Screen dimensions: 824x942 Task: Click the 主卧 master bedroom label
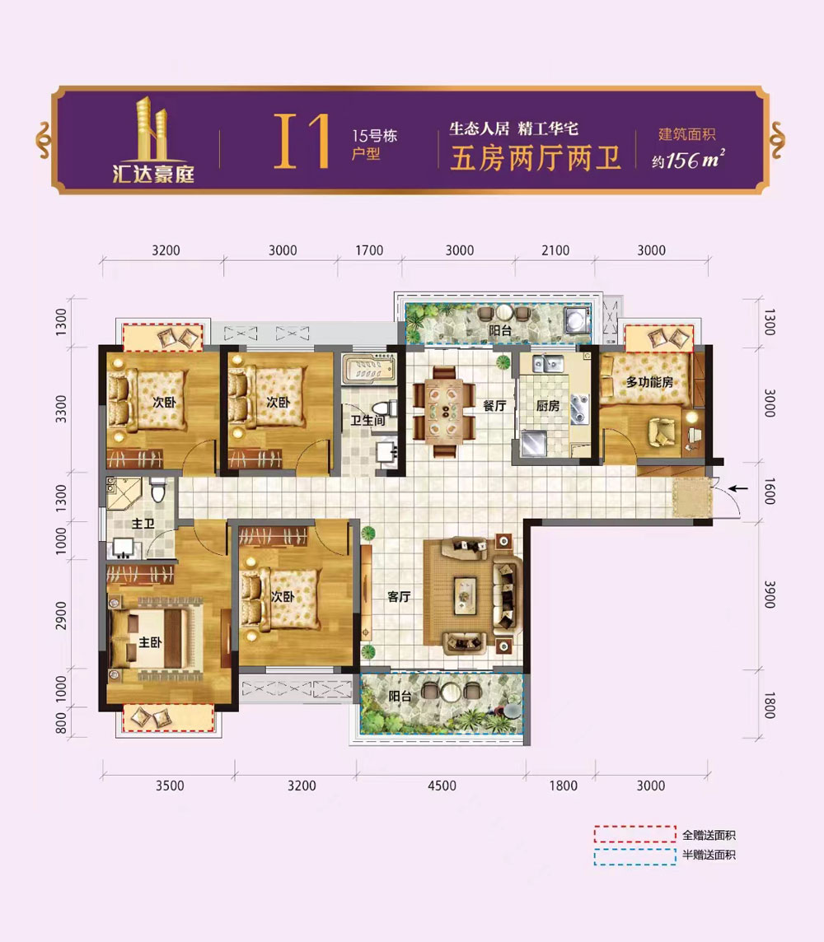[x=150, y=642]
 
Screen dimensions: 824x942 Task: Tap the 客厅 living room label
[x=399, y=596]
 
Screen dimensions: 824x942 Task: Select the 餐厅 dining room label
[x=494, y=405]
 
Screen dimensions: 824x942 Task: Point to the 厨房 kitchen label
[x=547, y=405]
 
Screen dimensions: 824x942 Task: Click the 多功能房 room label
[x=649, y=381]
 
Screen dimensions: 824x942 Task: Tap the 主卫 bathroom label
[x=143, y=524]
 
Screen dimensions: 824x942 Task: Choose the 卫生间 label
[x=368, y=420]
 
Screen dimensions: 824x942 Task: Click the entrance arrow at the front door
[x=738, y=487]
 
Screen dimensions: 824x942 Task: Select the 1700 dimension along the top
[x=369, y=250]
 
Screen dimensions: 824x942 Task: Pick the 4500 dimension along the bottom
[x=442, y=786]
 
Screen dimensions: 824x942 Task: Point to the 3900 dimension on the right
[x=770, y=595]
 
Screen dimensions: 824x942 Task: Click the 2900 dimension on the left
[x=61, y=615]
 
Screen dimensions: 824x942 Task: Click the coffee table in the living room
[x=465, y=596]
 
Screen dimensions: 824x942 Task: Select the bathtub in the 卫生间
[x=368, y=367]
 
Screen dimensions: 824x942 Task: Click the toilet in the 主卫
[x=158, y=491]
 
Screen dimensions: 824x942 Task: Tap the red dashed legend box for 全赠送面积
[x=634, y=834]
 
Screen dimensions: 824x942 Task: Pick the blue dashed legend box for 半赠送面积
[x=634, y=856]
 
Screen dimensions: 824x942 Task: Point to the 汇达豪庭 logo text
[x=153, y=174]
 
